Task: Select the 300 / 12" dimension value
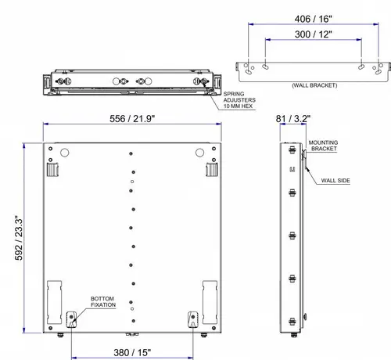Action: point(314,34)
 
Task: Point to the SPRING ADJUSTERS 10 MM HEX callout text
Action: point(228,99)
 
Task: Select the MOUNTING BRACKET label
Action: point(323,145)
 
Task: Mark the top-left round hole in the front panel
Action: point(65,152)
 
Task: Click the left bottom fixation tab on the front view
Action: point(72,318)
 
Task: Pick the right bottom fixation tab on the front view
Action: point(193,318)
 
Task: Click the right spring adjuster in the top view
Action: point(205,80)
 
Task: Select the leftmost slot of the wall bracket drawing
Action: point(249,68)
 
